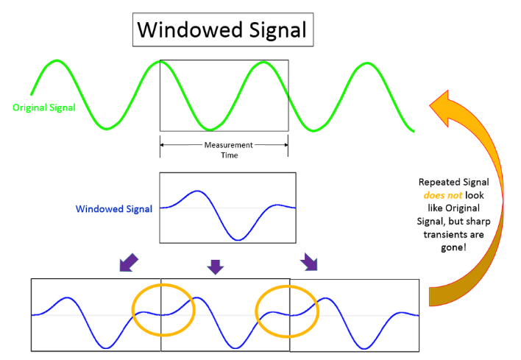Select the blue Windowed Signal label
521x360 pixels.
coord(113,209)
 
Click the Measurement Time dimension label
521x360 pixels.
coord(223,150)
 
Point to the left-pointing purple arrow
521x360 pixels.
coord(127,263)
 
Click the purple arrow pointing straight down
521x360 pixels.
coord(215,266)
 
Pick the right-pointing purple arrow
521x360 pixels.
coord(310,262)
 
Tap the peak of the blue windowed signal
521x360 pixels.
coord(196,191)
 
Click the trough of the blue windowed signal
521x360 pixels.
coord(237,239)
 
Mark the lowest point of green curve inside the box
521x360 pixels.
coord(210,130)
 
